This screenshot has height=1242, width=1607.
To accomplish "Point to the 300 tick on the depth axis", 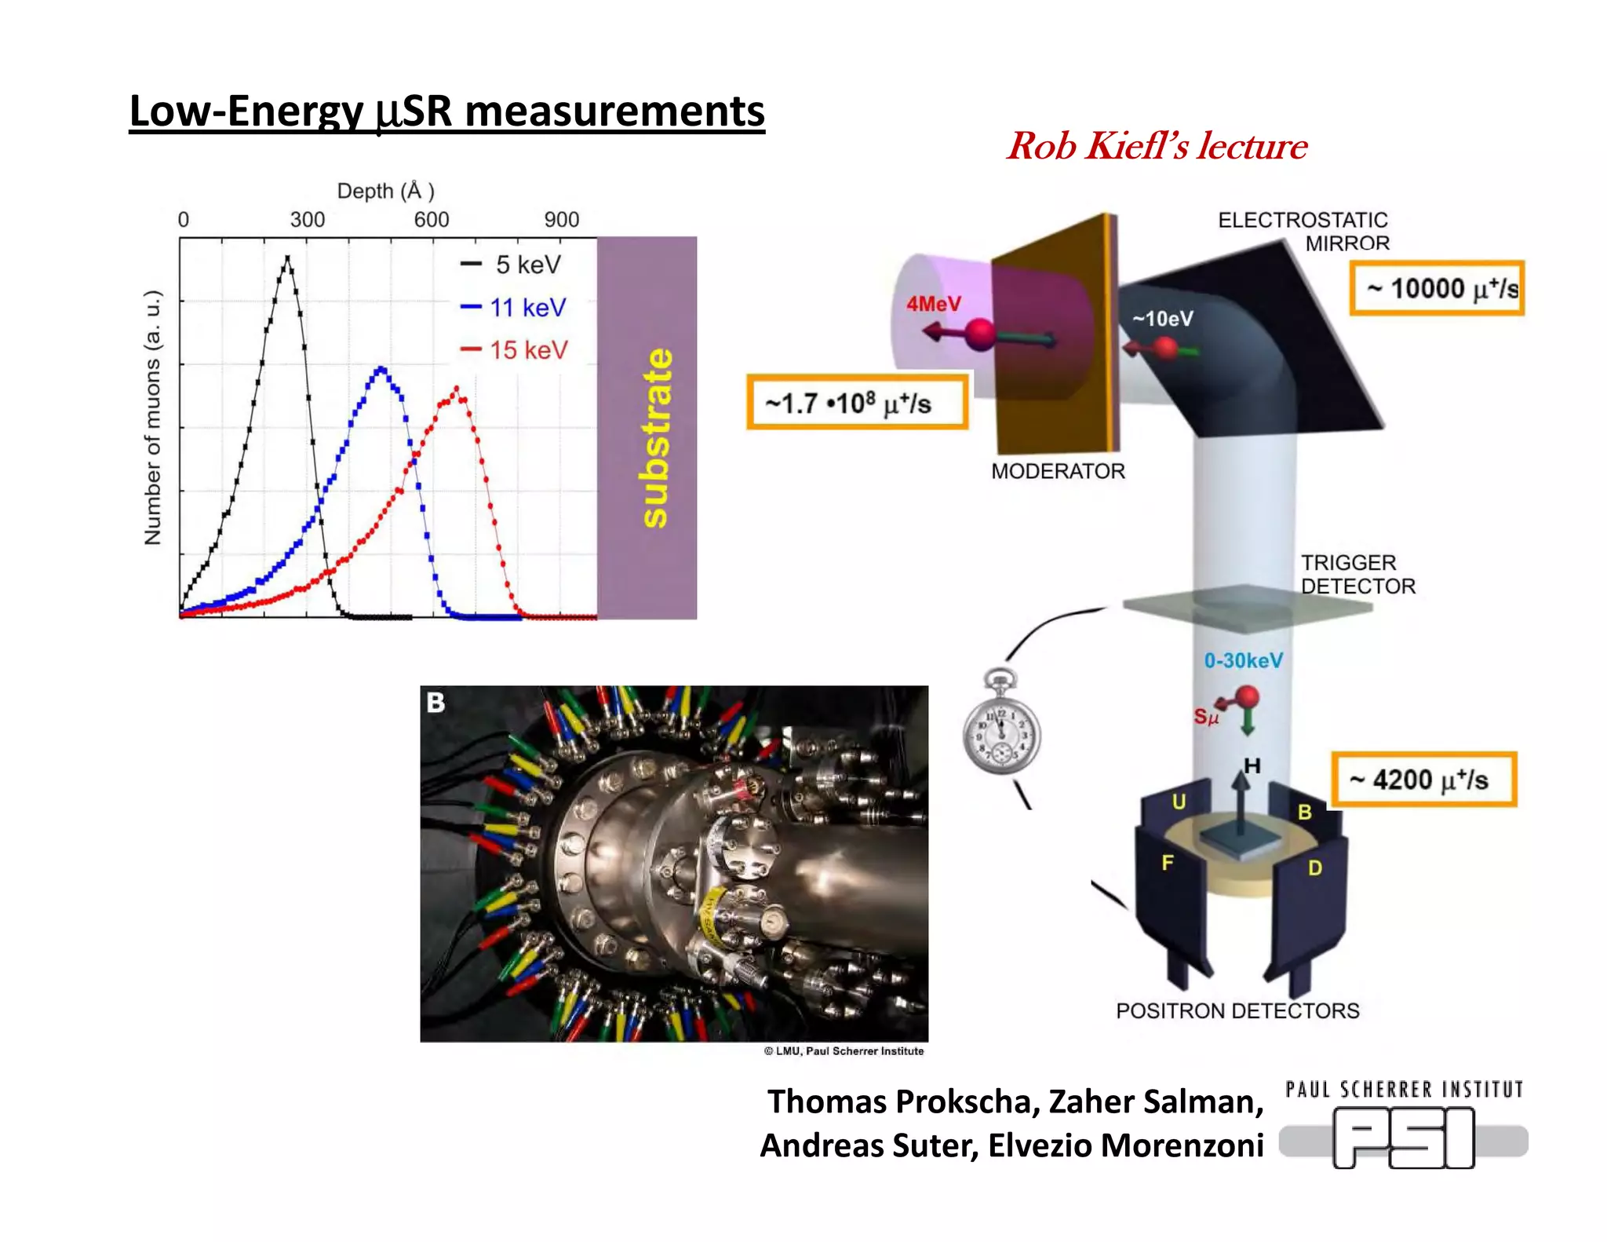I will (307, 220).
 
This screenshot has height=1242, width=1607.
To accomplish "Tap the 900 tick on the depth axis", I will (562, 220).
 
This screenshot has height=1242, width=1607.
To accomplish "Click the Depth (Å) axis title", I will (385, 191).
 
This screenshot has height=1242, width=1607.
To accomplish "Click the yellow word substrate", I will (656, 437).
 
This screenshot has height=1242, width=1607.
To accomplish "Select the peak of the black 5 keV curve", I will (287, 258).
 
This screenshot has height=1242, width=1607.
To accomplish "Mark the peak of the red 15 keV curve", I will (456, 389).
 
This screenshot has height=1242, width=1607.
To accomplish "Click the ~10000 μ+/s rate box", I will (1437, 288).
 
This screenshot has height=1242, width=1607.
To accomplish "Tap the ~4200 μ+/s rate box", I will (1423, 780).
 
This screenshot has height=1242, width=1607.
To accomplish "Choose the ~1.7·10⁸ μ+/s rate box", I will (857, 404).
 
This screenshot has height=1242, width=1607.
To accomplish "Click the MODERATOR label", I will (1058, 471).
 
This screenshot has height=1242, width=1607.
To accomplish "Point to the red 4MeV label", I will (933, 304).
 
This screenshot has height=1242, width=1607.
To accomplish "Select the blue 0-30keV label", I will (1244, 660).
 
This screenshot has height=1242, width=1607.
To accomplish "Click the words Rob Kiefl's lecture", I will (1157, 147).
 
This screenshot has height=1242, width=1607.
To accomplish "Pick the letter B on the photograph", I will (436, 702).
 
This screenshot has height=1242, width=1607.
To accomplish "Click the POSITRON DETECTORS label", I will (1237, 1010).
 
